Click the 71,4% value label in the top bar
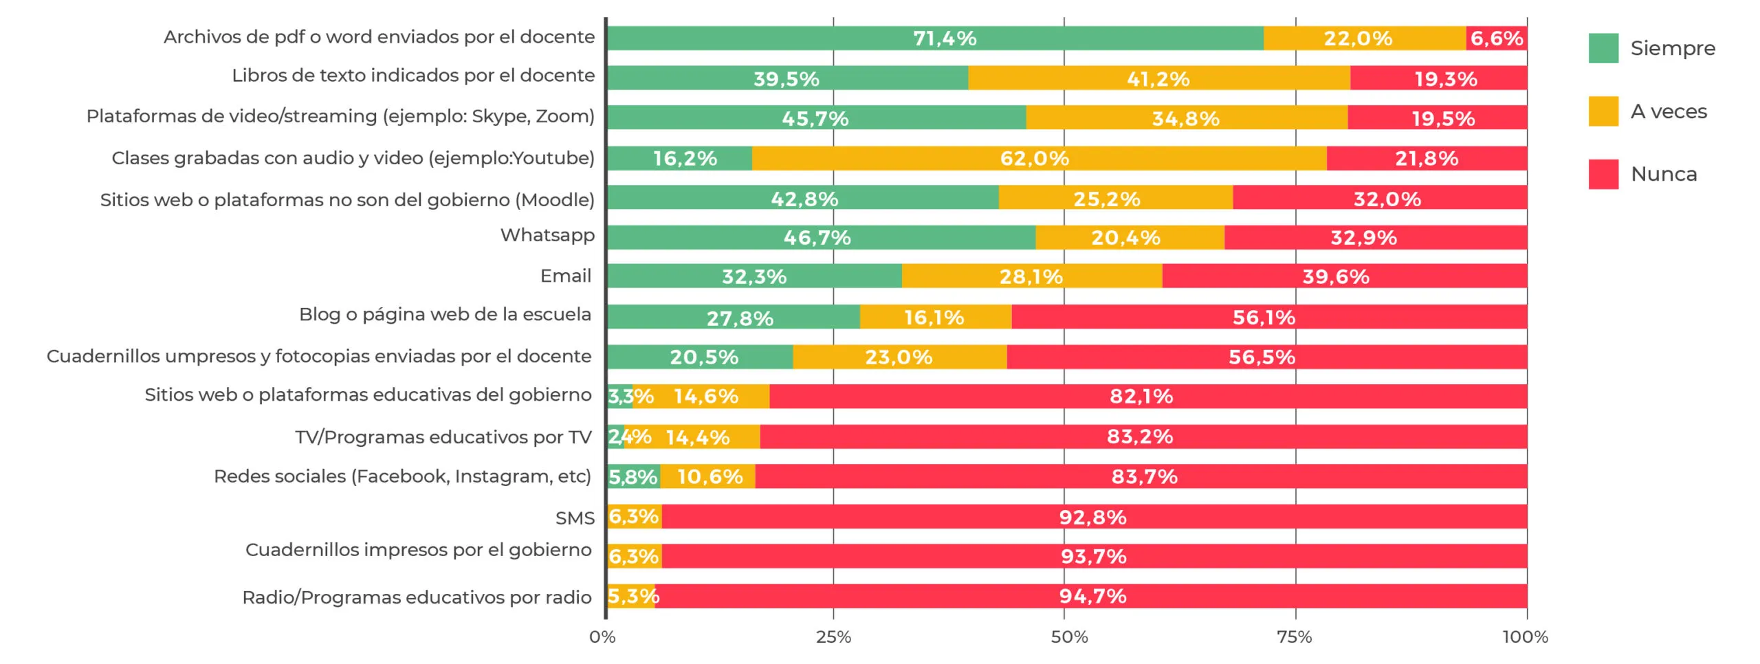click(944, 38)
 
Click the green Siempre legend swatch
click(1603, 48)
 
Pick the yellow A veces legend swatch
click(1603, 111)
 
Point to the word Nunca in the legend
click(1664, 175)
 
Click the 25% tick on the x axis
click(833, 637)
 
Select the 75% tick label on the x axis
click(1295, 637)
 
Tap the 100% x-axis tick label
click(1525, 637)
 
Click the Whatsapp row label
click(547, 235)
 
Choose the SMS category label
click(575, 518)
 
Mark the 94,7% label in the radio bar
click(1092, 597)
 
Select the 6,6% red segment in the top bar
click(1497, 38)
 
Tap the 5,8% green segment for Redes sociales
click(632, 477)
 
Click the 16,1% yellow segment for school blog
click(934, 318)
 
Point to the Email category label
click(565, 276)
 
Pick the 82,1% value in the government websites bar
click(1141, 397)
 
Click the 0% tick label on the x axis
click(602, 637)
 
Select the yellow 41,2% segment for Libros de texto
click(1158, 79)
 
